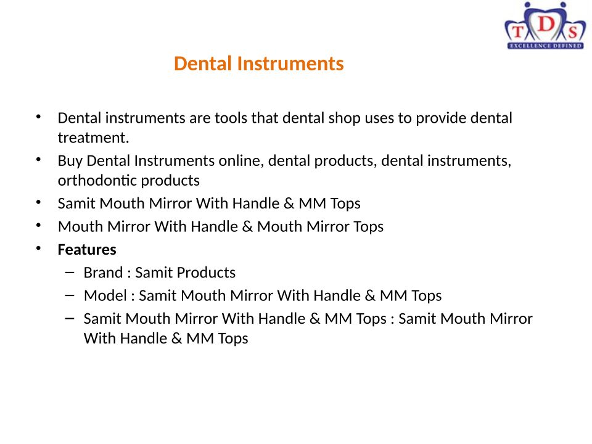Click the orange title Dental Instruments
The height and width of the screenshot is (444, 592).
tap(258, 64)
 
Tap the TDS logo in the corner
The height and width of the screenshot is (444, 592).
tap(545, 26)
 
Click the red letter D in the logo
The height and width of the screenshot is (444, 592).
tap(546, 25)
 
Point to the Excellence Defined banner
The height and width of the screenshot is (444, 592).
tap(545, 46)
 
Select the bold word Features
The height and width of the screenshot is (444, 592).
tap(87, 250)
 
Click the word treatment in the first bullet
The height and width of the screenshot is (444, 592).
tap(93, 138)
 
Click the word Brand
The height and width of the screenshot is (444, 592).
tap(103, 273)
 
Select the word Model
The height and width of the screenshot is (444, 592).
tap(105, 295)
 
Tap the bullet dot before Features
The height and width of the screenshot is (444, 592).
tap(38, 249)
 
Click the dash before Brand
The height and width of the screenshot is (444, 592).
tap(70, 272)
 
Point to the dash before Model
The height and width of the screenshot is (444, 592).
tap(70, 295)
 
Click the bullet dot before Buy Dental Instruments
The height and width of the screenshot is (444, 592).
tap(38, 159)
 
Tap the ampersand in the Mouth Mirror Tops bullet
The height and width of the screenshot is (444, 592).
tap(247, 226)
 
